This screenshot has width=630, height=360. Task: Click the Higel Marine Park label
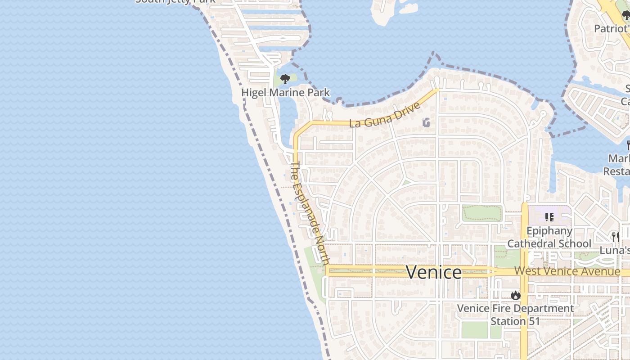(286, 93)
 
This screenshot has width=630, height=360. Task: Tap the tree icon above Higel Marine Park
(285, 80)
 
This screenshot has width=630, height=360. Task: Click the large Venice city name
(434, 272)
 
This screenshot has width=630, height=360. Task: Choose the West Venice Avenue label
(567, 271)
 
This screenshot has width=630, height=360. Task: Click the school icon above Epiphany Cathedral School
(549, 217)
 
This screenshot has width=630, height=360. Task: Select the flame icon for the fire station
(516, 296)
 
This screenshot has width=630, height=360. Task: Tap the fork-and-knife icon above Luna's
(615, 237)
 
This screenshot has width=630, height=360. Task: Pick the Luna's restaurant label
(615, 250)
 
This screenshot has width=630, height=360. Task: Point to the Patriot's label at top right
(611, 29)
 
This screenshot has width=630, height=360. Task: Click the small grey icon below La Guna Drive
(426, 122)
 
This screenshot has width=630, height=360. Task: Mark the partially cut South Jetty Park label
(175, 2)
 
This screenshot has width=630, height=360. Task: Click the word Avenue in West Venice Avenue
(601, 271)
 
